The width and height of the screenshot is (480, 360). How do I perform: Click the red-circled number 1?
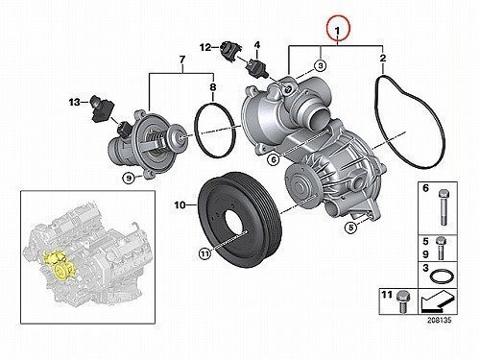point(338,31)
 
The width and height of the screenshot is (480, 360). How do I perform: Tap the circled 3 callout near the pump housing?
point(320,65)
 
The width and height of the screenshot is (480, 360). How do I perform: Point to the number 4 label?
point(257,45)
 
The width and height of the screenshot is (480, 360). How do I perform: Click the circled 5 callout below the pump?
point(350,228)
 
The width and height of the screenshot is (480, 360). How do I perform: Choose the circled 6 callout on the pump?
point(274,159)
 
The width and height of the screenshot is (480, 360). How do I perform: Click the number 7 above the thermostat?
point(182,60)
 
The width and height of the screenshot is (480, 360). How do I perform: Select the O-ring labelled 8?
point(196,128)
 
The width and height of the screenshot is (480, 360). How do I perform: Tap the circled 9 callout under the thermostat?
point(129,179)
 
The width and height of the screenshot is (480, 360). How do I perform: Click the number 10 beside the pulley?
point(180,204)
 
